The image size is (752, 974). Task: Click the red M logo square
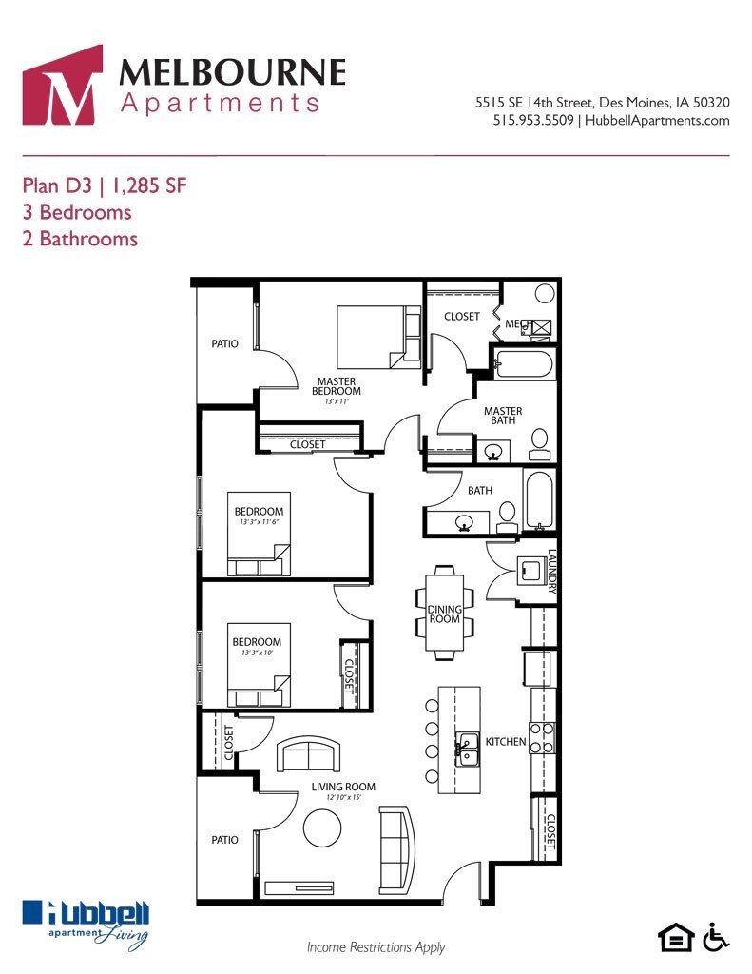pos(62,85)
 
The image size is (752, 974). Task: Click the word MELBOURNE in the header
pos(233,72)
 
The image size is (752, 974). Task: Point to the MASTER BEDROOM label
pos(337,386)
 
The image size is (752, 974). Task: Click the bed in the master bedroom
pos(378,337)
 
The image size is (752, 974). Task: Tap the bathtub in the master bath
pos(523,365)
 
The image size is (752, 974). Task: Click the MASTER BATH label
pos(503,418)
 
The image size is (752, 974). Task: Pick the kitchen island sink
pos(467,749)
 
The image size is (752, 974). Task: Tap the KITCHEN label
pos(506,741)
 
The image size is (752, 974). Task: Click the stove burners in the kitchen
pos(542,737)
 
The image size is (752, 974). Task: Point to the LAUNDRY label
pos(551,572)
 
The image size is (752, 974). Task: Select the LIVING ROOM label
pos(343,787)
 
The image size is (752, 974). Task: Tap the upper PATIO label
pos(225,343)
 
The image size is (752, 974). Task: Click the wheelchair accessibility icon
pos(716,937)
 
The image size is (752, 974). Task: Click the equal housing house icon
pos(676,938)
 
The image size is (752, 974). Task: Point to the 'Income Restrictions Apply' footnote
pos(376,947)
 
